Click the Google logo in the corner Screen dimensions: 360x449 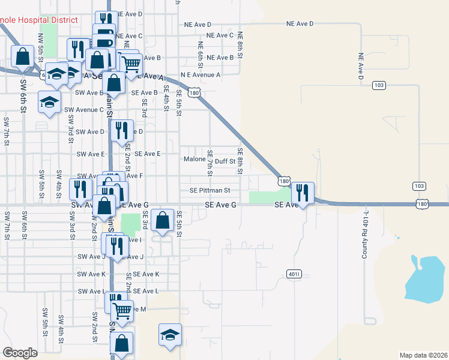[20, 353]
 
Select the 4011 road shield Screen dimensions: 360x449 [294, 274]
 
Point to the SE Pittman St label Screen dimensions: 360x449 [210, 191]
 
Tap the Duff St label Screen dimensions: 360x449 [225, 161]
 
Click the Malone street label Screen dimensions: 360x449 [194, 160]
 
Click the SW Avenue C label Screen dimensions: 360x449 [85, 110]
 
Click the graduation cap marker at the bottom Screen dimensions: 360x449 [170, 335]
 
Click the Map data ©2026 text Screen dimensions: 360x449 [423, 355]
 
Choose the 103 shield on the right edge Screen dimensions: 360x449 [418, 187]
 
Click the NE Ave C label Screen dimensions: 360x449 [220, 35]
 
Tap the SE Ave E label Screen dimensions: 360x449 [148, 154]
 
